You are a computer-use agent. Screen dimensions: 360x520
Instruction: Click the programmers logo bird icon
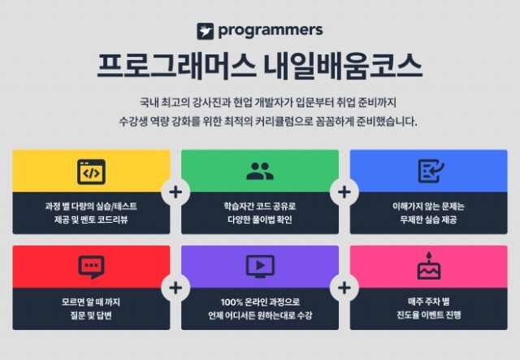tap(206, 31)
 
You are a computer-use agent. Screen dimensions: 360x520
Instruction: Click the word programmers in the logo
tap(270, 30)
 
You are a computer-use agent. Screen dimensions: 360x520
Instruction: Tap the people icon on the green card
tap(259, 171)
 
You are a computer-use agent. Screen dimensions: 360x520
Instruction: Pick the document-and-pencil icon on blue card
tap(428, 171)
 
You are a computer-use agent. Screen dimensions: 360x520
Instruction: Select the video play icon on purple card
tap(259, 266)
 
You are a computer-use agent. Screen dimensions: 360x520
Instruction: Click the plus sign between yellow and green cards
tap(175, 193)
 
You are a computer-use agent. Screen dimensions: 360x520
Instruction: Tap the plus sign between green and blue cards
tap(344, 193)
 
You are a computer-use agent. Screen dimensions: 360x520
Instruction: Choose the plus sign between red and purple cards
tap(175, 288)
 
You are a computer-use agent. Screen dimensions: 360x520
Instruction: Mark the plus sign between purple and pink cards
tap(344, 288)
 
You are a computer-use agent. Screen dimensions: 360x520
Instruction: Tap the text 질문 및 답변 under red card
tap(90, 314)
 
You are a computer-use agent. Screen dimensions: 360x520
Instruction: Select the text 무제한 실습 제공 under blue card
tap(428, 219)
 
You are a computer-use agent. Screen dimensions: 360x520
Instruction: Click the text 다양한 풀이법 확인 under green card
tap(259, 219)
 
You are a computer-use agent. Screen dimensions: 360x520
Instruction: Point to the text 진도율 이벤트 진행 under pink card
tap(428, 314)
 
